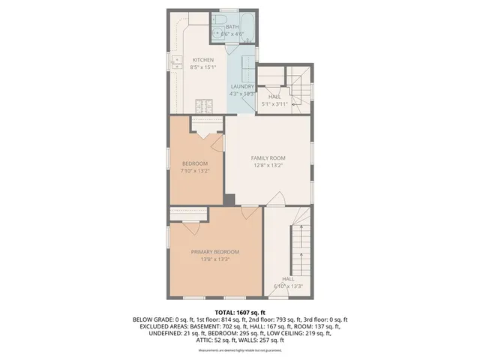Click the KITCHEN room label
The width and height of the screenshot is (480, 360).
click(x=203, y=60)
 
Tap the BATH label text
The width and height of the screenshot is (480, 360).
click(x=232, y=27)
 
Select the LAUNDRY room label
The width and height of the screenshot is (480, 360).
click(x=241, y=86)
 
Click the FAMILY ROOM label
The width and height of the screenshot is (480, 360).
click(x=268, y=157)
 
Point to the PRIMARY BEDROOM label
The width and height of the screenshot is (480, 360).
click(x=214, y=251)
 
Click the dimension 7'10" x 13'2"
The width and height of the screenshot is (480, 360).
click(x=193, y=171)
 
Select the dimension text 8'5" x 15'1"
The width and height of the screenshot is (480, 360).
click(x=203, y=67)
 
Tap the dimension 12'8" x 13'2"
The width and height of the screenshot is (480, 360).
click(x=268, y=166)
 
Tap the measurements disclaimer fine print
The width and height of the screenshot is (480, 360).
click(x=239, y=351)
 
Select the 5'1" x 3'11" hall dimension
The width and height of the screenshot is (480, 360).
click(x=274, y=103)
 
